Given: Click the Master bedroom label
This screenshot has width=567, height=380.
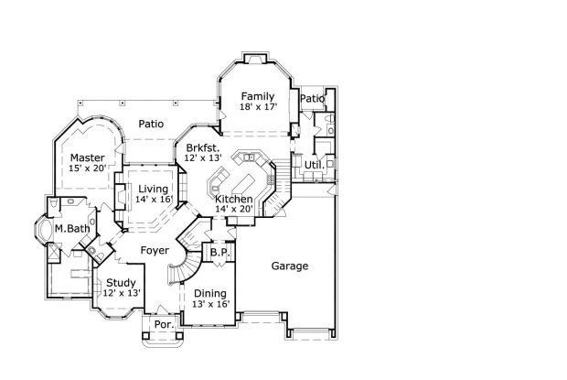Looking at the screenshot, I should tap(88, 157).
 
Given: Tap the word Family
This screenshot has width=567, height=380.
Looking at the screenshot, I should tap(259, 95).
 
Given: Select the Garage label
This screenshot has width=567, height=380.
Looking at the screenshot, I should tap(289, 266).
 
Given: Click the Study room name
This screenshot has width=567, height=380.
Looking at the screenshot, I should tap(121, 282).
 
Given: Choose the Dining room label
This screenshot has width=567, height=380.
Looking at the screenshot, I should tap(209, 293).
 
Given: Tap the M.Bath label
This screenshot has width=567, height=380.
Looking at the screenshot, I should tap(70, 228).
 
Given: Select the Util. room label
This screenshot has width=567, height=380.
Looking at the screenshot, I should tap(314, 165).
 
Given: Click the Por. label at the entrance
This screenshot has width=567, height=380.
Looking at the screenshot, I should tap(164, 324).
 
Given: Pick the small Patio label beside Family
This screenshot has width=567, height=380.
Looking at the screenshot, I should tap(313, 99).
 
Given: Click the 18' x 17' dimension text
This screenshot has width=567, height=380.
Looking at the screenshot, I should tap(259, 107).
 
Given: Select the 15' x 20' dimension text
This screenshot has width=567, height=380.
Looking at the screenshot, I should tap(88, 168).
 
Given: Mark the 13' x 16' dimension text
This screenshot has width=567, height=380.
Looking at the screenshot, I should tap(209, 304).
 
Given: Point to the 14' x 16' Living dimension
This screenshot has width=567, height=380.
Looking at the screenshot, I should tap(155, 199).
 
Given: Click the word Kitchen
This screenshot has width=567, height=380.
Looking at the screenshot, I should tap(234, 199).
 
